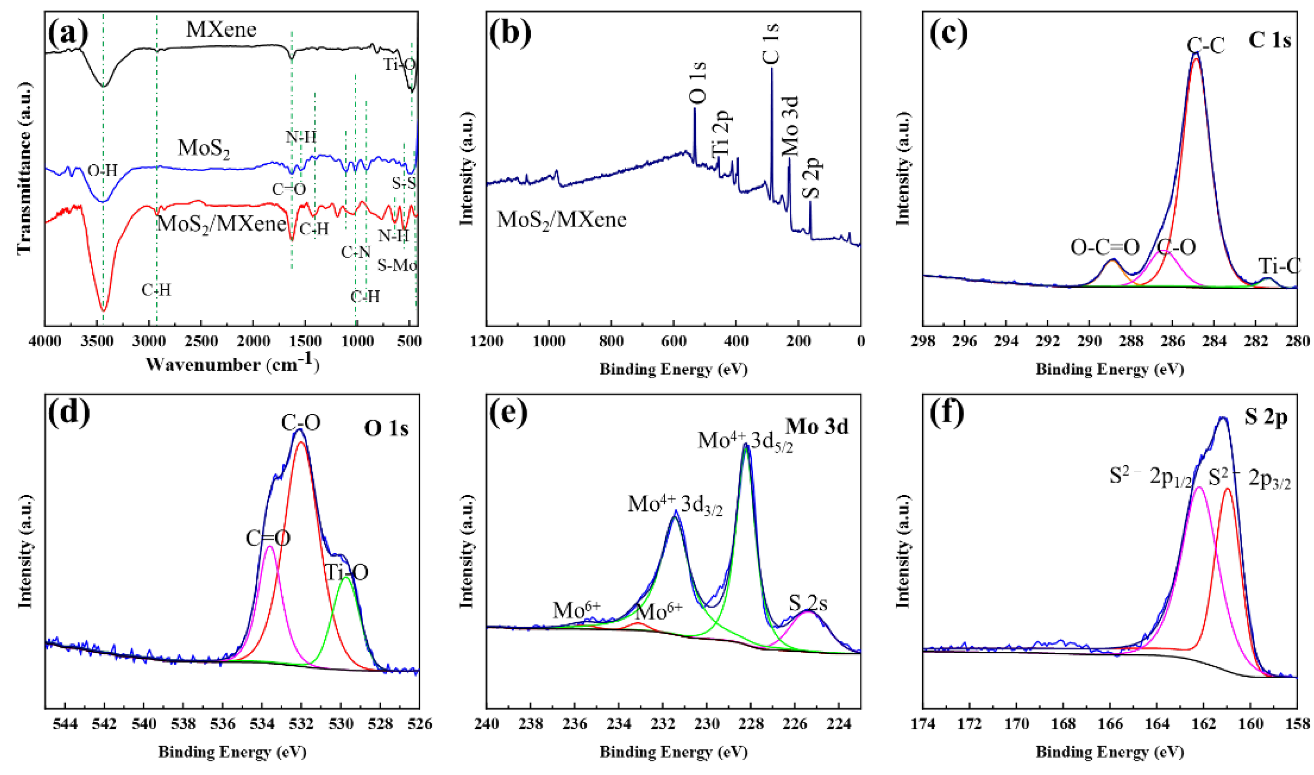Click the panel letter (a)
coord(68,34)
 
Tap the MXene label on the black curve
coord(221,29)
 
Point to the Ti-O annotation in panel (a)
coord(399,65)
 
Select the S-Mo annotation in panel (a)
coord(397,266)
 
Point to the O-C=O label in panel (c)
coord(1105,247)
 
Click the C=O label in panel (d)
coord(268,538)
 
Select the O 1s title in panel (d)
coord(386,428)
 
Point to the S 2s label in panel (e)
coord(808,603)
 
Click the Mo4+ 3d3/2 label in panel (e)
coord(675,505)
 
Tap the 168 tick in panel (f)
coord(1063,724)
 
